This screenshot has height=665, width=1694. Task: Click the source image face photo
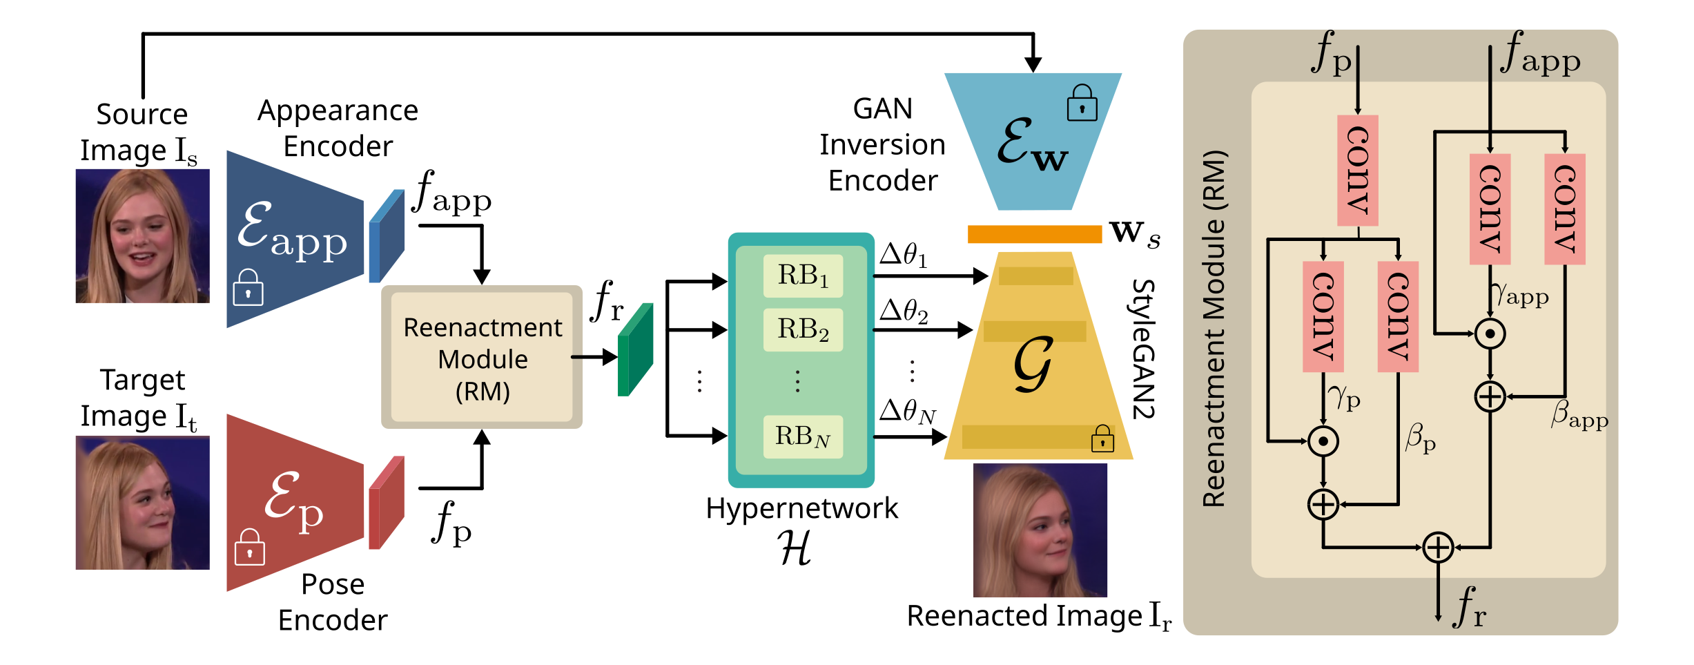click(142, 235)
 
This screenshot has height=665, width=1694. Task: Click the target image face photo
click(142, 502)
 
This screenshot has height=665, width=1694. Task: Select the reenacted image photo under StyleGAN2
click(1040, 530)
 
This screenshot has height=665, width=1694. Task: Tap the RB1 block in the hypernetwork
click(803, 276)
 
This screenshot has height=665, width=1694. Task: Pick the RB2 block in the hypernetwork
click(803, 329)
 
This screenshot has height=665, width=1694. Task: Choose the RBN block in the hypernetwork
click(803, 436)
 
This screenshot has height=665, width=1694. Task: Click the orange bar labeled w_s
click(1034, 234)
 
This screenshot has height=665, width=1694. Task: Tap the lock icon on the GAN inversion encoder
click(1082, 104)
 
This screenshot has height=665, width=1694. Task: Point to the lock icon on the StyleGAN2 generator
click(1102, 438)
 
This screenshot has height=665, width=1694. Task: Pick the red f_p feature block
click(387, 503)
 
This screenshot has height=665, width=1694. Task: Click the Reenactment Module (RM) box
click(482, 357)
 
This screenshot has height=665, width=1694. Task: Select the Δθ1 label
click(904, 256)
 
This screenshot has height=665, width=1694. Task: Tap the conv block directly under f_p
click(1357, 171)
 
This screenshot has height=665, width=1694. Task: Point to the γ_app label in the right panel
click(1521, 296)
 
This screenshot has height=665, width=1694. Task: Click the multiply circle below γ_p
click(1323, 441)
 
